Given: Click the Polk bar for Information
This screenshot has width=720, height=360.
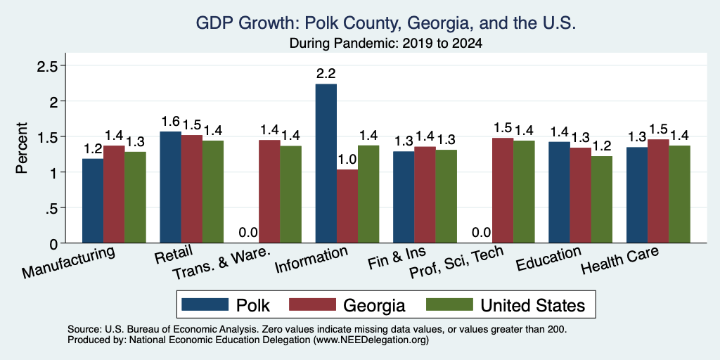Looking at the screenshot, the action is [x=326, y=163].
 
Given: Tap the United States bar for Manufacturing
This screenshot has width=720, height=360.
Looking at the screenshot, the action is [x=135, y=197].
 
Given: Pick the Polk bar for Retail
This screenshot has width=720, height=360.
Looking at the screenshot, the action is [x=170, y=187].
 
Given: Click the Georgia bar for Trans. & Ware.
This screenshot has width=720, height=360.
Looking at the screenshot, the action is [x=269, y=191].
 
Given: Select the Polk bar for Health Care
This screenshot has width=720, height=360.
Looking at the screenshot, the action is [x=637, y=195].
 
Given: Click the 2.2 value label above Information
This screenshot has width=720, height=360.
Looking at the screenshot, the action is [x=326, y=73].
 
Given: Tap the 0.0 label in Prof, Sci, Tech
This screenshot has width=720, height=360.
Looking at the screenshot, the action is [x=481, y=232].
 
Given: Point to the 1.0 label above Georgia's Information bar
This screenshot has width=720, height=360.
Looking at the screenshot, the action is [x=347, y=160].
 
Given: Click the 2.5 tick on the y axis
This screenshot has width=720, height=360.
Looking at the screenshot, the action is [x=47, y=65].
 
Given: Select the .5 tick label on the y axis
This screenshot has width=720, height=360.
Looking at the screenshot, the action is [x=51, y=207].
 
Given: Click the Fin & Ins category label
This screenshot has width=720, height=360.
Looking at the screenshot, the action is [x=397, y=258].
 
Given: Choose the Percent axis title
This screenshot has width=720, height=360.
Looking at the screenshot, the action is [x=22, y=148].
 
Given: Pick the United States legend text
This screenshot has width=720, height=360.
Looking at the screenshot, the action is [x=533, y=305].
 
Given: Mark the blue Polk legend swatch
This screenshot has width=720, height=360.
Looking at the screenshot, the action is [x=205, y=304].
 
